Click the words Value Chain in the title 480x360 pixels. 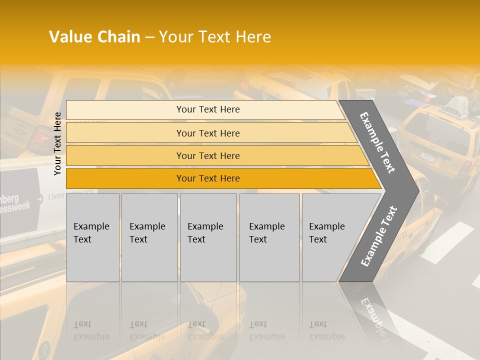94,37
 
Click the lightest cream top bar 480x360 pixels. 207,109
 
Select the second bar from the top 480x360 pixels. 207,133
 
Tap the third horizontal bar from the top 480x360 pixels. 207,155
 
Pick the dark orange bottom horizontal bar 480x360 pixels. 207,178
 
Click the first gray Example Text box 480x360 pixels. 92,237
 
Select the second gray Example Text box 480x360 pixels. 149,237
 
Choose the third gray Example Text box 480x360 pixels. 207,237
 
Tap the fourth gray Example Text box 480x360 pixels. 269,237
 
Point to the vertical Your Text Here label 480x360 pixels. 57,143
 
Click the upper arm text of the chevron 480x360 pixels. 377,142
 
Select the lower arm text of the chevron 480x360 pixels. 378,236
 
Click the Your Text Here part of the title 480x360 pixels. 215,37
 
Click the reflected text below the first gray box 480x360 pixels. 91,330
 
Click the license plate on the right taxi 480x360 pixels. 427,157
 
